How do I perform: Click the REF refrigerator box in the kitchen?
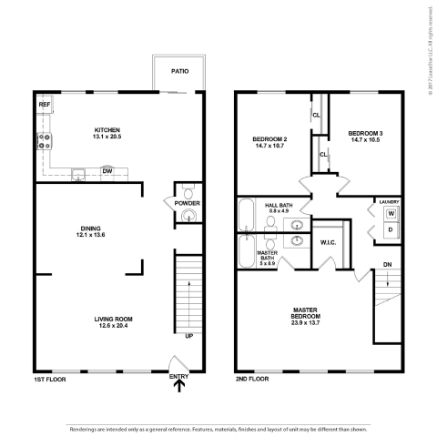point(44,106)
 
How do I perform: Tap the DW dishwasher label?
point(107,170)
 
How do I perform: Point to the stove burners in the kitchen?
point(43,141)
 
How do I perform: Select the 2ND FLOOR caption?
point(251,376)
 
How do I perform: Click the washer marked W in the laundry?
point(391,214)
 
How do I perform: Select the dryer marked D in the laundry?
point(391,230)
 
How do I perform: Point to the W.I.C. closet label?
point(329,242)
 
